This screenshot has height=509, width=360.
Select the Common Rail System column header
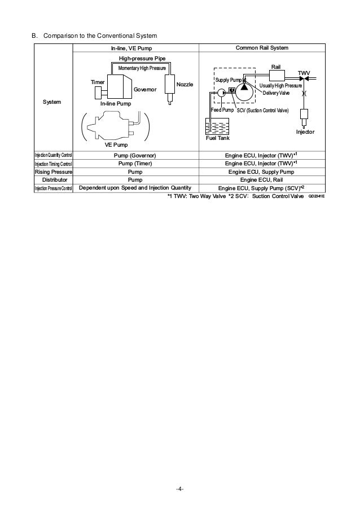260,49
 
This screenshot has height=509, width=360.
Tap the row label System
53,102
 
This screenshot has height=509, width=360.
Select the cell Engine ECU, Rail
260,180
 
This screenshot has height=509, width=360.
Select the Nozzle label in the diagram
185,84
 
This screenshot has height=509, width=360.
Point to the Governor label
145,90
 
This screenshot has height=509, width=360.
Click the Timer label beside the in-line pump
98,82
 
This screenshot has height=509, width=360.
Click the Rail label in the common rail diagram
276,66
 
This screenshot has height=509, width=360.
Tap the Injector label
305,131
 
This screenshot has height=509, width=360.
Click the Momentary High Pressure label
142,68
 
